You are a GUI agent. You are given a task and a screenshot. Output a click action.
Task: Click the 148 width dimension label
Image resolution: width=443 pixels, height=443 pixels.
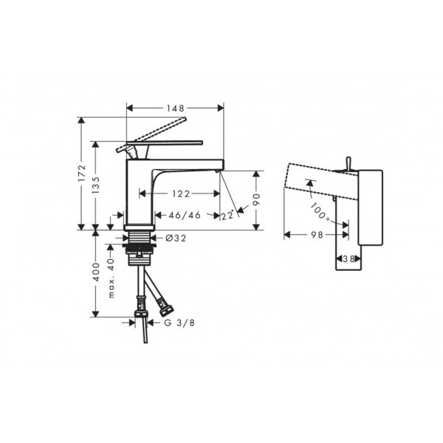(x=175, y=108)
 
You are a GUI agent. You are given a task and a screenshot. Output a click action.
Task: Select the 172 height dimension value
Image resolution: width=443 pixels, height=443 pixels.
(x=81, y=173)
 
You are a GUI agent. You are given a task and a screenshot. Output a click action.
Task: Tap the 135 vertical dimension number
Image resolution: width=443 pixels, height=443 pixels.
(x=96, y=185)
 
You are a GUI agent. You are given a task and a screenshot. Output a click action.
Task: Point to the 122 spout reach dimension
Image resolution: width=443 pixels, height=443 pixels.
(x=181, y=193)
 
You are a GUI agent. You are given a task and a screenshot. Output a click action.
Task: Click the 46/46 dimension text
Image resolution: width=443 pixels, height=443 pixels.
(x=185, y=216)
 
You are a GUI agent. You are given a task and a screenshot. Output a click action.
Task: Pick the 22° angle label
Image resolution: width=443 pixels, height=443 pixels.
(x=227, y=216)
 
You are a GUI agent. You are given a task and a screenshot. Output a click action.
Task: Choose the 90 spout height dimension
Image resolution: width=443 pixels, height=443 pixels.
(x=256, y=199)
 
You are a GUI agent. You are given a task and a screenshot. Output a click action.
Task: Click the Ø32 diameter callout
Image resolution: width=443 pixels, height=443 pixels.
(x=176, y=238)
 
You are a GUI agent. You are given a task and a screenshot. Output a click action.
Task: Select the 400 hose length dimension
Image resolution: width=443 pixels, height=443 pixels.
(x=96, y=272)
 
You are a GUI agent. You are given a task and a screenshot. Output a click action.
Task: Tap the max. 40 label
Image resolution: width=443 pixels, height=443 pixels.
(x=111, y=278)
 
